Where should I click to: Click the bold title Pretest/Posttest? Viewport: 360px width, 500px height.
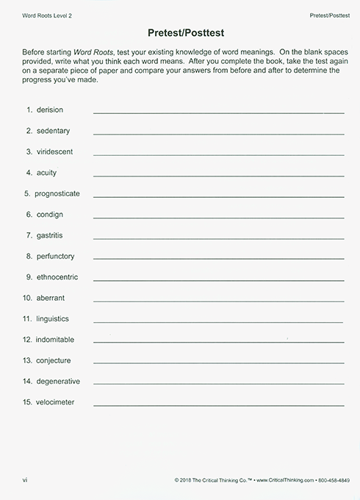(x=179, y=33)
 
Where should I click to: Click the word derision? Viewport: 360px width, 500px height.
(x=50, y=110)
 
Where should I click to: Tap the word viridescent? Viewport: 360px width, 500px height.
(x=55, y=151)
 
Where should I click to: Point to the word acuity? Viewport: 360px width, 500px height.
(x=46, y=173)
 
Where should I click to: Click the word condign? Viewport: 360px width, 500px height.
(x=50, y=215)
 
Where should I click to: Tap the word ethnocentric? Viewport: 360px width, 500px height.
(x=57, y=277)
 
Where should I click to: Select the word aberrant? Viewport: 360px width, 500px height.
(x=51, y=299)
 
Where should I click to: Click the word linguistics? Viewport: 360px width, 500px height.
(x=53, y=319)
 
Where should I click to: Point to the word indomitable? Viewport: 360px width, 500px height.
(x=56, y=340)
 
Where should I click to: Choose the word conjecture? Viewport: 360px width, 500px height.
(x=54, y=360)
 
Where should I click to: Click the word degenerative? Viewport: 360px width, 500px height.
(x=58, y=381)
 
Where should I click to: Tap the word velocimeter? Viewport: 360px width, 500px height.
(x=56, y=402)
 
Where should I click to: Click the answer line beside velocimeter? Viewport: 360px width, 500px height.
(x=218, y=405)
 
